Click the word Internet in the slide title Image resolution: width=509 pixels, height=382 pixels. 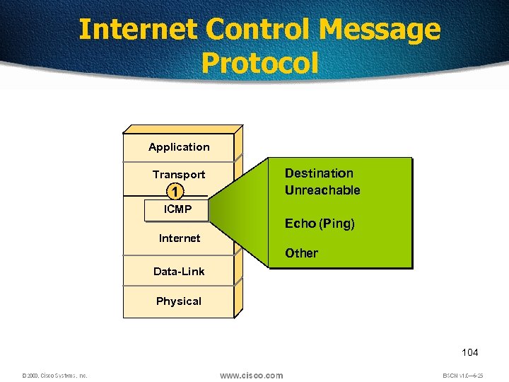[x=139, y=30]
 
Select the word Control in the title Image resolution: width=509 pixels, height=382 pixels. [x=259, y=30]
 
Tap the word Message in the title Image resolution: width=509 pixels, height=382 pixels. [x=380, y=30]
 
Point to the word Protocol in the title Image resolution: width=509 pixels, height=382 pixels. [x=259, y=63]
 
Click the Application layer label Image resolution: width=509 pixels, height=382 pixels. [x=179, y=147]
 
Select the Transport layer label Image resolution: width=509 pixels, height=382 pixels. [x=179, y=175]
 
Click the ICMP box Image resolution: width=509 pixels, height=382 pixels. [x=177, y=209]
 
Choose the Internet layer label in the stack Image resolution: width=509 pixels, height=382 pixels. [x=179, y=238]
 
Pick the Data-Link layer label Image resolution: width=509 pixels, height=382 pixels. [x=179, y=272]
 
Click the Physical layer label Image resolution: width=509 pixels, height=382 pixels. [x=179, y=301]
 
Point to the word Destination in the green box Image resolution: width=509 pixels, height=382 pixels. [x=319, y=173]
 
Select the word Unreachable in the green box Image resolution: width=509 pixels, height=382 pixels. [x=322, y=190]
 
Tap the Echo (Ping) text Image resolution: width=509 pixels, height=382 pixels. [x=320, y=224]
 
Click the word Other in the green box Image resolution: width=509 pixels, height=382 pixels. [x=301, y=253]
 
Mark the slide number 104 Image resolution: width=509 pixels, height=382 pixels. [x=469, y=352]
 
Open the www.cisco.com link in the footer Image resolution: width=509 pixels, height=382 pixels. [x=251, y=375]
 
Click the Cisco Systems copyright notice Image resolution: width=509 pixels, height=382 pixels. [x=54, y=376]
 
